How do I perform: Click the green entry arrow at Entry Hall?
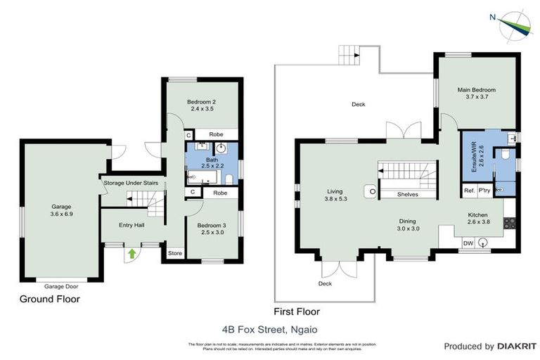click(131, 254)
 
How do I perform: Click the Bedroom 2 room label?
click(200, 105)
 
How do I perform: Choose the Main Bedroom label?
click(476, 94)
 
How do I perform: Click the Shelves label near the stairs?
click(408, 195)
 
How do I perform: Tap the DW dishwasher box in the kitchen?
click(467, 243)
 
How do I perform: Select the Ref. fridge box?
click(468, 191)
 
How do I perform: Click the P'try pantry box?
click(485, 191)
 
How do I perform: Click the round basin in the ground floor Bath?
click(221, 148)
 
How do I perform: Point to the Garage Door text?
click(61, 287)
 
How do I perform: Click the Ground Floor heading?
click(49, 299)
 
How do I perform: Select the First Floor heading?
click(296, 311)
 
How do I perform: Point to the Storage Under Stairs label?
click(135, 184)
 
